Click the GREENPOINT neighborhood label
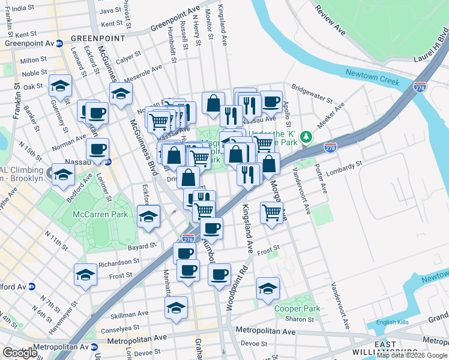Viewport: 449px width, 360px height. point(98,38)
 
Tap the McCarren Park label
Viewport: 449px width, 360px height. point(90,214)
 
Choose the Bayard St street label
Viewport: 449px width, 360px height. point(142,247)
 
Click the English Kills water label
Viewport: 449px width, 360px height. point(392,322)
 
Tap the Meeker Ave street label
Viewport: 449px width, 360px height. point(331,114)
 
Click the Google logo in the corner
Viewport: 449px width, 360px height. point(20,353)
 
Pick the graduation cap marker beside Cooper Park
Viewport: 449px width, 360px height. point(268,289)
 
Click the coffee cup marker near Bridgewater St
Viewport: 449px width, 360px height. point(271,102)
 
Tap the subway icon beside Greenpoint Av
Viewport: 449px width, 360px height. point(59,43)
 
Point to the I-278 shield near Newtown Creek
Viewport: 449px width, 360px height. point(420,87)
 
